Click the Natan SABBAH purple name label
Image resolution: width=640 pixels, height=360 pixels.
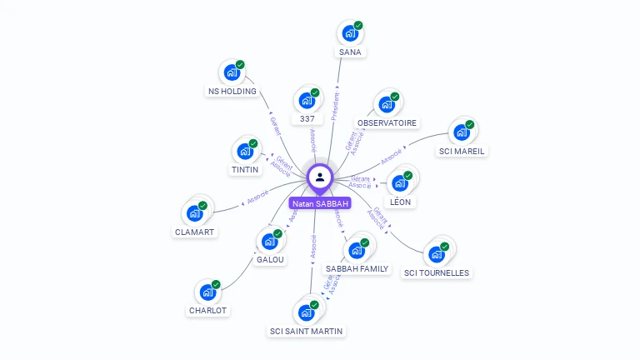click(x=320, y=203)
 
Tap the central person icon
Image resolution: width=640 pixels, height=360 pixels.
click(x=320, y=177)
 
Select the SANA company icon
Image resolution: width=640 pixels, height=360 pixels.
click(x=350, y=33)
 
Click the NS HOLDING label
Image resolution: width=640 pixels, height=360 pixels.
click(x=232, y=91)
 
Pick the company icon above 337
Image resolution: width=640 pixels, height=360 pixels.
click(x=307, y=101)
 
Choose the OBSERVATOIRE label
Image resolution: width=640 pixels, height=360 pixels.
click(x=387, y=122)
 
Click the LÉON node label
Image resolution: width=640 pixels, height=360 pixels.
click(x=400, y=202)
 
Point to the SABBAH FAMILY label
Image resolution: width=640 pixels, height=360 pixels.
click(x=357, y=268)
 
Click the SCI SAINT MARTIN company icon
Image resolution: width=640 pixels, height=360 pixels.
click(x=306, y=312)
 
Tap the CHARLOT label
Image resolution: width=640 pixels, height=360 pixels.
click(x=207, y=310)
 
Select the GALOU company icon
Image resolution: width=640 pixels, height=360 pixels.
click(x=270, y=242)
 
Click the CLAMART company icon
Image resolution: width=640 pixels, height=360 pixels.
click(x=195, y=213)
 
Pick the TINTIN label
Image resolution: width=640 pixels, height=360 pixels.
click(x=245, y=169)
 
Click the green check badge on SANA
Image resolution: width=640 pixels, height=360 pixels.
click(x=358, y=26)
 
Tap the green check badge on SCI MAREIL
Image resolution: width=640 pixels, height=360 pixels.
click(x=469, y=125)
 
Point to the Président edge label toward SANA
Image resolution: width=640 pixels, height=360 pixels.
click(x=336, y=107)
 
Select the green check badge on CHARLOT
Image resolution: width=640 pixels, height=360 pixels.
click(x=216, y=285)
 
